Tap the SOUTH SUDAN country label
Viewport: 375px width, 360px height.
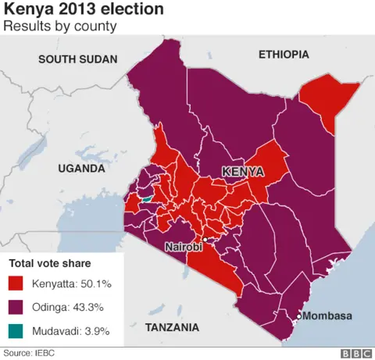[x=77, y=59]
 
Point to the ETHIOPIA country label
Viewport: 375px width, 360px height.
[x=284, y=55]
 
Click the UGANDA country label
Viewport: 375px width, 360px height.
[x=80, y=169]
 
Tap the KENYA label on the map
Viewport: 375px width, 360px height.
[x=242, y=171]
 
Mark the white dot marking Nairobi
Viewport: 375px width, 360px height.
[x=204, y=239]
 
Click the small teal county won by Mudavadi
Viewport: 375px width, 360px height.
[x=145, y=199]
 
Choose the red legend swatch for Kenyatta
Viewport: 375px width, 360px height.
[x=18, y=283]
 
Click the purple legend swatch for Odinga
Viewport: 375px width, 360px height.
[x=18, y=307]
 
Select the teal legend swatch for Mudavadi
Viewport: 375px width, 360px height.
[x=18, y=331]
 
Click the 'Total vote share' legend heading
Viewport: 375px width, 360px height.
[x=50, y=263]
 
